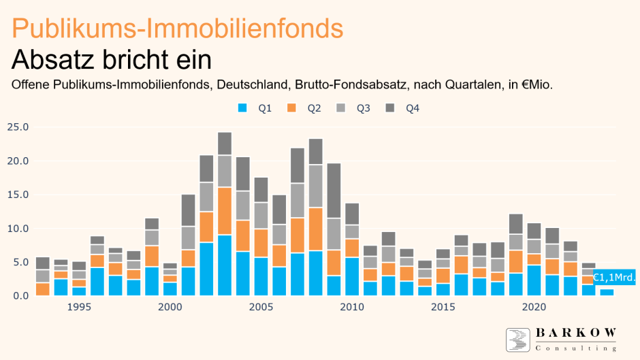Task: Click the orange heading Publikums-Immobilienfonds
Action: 177,28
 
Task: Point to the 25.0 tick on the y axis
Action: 18,127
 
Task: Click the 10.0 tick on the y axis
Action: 18,229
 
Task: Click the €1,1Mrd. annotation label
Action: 614,278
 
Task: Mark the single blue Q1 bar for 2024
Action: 607,292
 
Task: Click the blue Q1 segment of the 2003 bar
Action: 225,265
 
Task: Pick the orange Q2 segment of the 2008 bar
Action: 315,229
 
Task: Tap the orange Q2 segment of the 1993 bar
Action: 42,289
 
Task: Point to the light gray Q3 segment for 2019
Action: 516,242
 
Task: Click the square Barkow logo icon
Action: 518,338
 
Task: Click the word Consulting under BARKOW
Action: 576,348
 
